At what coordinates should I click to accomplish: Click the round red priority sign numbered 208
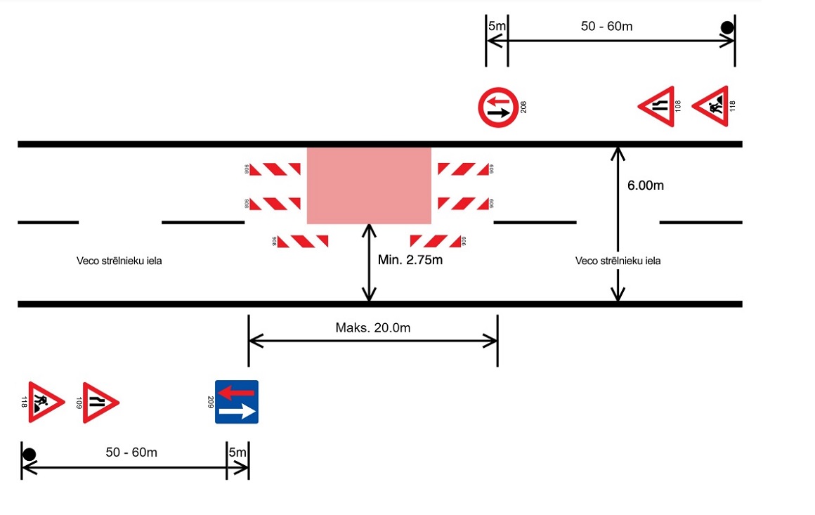click(498, 107)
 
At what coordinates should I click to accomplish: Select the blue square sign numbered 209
click(237, 402)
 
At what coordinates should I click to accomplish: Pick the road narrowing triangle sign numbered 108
click(656, 107)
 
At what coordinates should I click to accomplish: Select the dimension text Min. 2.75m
click(410, 260)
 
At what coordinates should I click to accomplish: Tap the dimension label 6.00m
click(645, 185)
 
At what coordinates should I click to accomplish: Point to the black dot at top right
click(727, 28)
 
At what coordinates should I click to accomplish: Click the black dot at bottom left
click(29, 454)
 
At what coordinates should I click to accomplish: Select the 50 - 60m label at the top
click(607, 27)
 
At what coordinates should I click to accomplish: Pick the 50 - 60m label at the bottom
click(131, 452)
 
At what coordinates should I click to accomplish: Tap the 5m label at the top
click(497, 27)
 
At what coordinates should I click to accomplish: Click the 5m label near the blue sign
click(237, 452)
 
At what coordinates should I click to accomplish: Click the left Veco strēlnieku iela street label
click(124, 261)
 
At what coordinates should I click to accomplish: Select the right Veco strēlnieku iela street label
click(618, 261)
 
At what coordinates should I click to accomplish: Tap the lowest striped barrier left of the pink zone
click(303, 241)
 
